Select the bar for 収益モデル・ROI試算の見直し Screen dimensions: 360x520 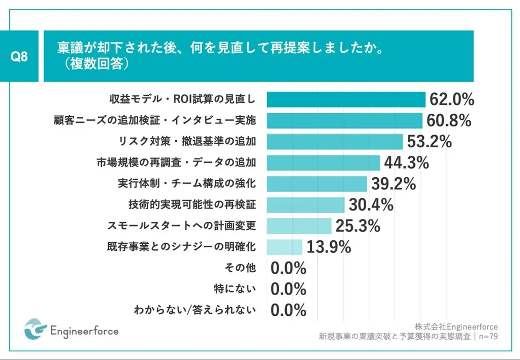tap(346, 100)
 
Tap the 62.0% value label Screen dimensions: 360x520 tap(451, 100)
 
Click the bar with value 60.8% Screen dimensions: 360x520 tap(344, 120)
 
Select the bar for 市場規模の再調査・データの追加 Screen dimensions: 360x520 tap(323, 162)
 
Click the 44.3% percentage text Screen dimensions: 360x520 tap(406, 162)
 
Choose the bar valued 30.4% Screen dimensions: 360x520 tap(306, 205)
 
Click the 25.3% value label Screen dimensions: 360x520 tap(357, 225)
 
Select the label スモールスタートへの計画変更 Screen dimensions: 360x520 tap(182, 225)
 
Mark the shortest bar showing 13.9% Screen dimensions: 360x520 tap(284, 247)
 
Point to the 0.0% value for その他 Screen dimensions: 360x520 tap(288, 268)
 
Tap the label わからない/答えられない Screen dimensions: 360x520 tap(194, 310)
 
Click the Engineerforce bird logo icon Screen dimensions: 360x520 tap(35, 330)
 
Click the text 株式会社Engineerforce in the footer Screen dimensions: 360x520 tap(456, 326)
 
